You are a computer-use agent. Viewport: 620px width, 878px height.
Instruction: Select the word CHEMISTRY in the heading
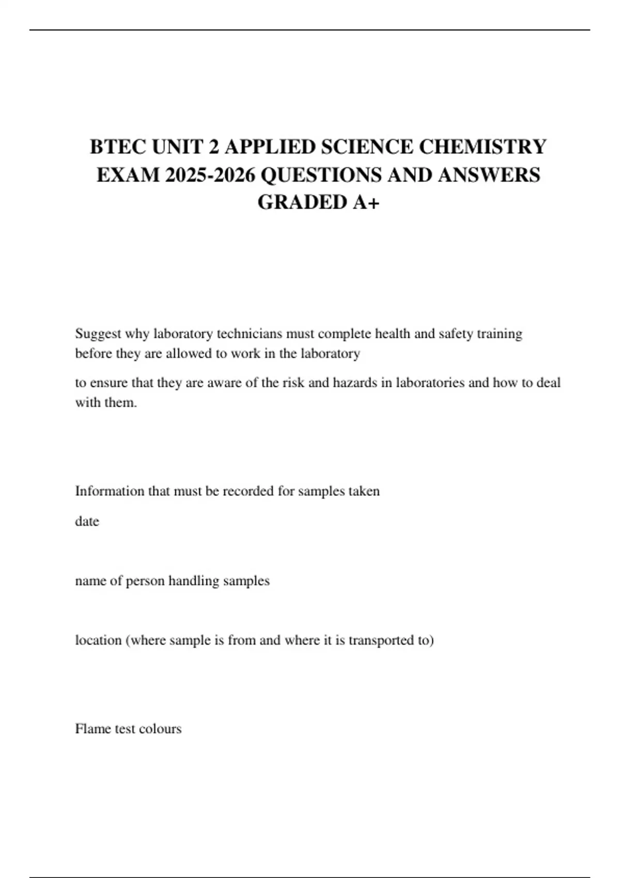tap(482, 147)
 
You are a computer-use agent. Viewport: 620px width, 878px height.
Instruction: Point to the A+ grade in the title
tap(366, 202)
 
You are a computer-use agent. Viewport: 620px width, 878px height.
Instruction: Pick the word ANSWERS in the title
tap(489, 175)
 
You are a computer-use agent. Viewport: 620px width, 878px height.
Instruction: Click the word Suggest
tap(98, 334)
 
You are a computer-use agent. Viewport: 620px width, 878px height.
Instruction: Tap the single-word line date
tap(87, 521)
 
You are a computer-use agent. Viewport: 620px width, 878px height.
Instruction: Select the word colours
tap(160, 729)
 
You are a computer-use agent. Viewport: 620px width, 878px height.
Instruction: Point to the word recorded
tap(248, 491)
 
